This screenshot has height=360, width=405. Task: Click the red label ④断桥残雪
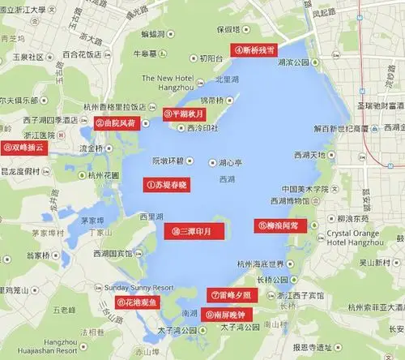pos(254,49)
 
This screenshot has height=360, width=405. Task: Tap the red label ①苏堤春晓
pos(168,185)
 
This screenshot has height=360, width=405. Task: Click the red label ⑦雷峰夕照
pos(230,294)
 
